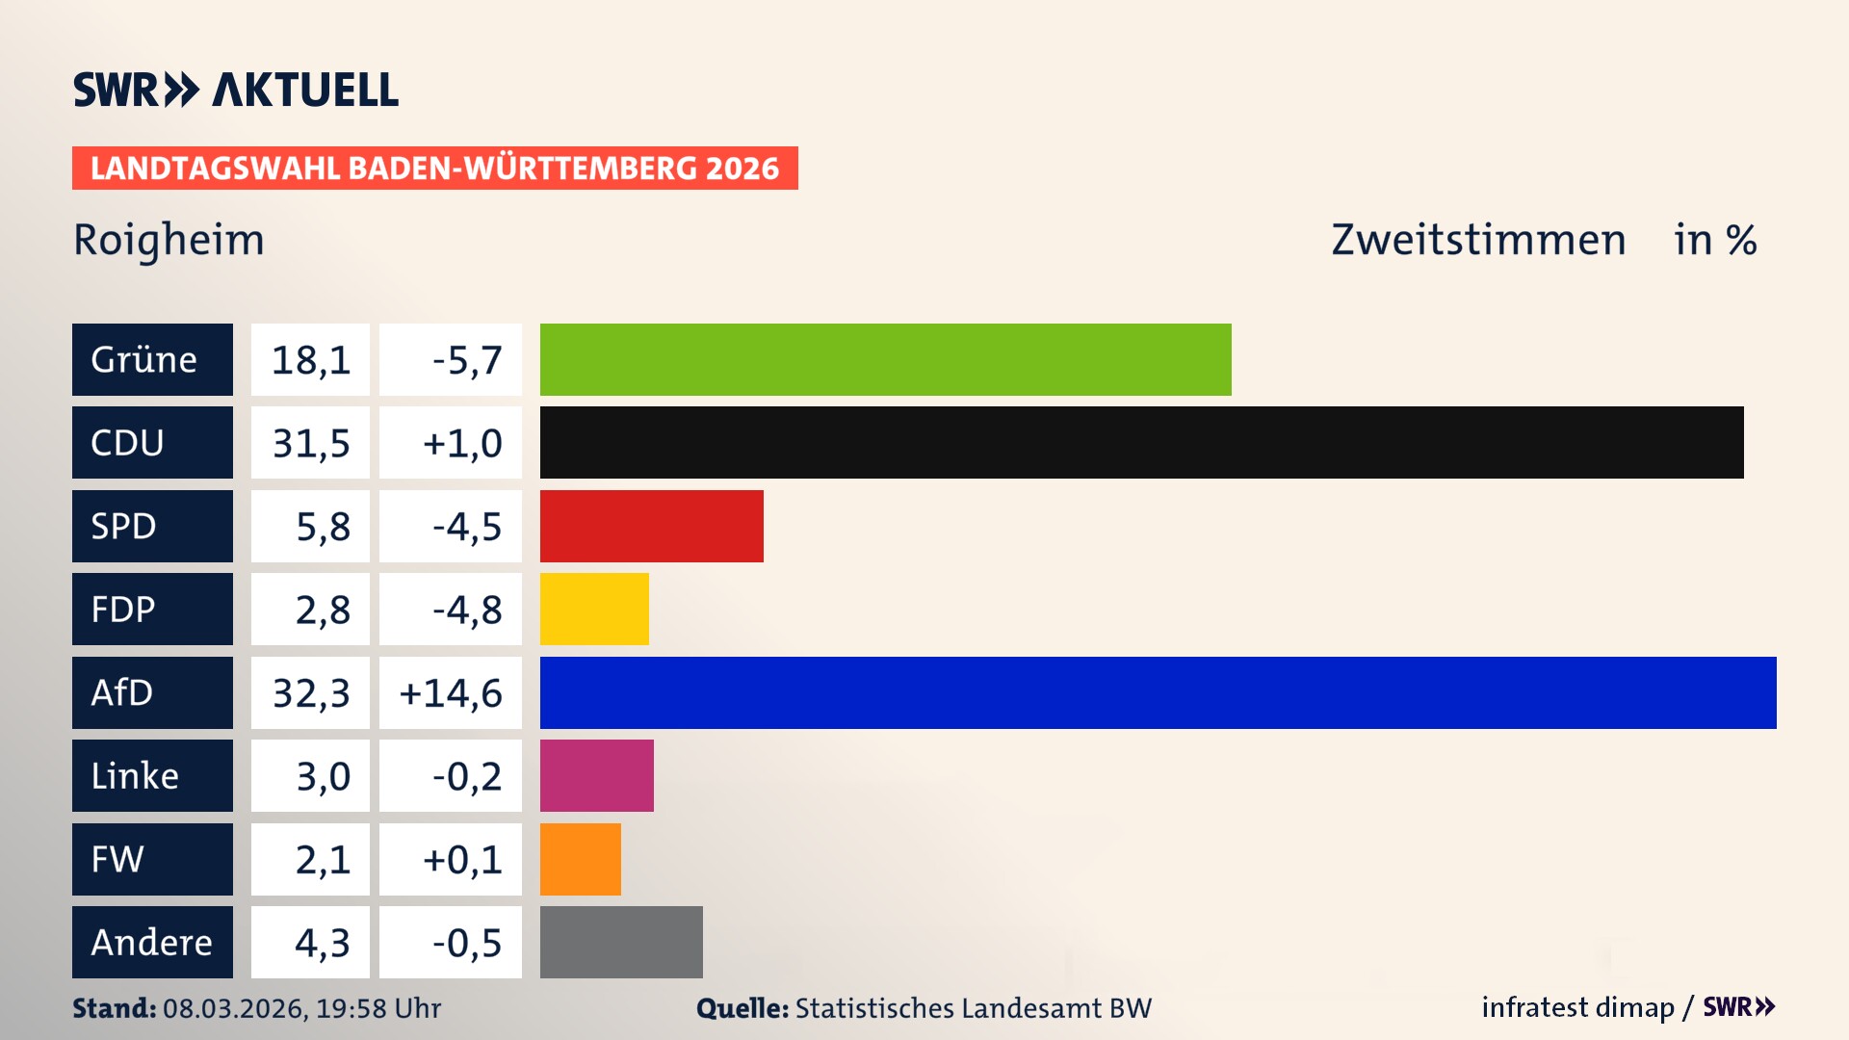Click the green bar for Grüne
(885, 359)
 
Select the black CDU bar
(1141, 442)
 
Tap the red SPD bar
(651, 526)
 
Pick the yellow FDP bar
(594, 609)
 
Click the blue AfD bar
(1158, 692)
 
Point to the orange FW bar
(580, 859)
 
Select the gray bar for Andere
(621, 942)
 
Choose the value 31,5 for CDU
(310, 443)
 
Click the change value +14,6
(451, 693)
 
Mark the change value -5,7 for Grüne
(466, 360)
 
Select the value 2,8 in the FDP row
(322, 610)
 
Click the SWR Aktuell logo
(236, 90)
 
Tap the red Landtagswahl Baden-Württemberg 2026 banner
(434, 169)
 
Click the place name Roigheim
(169, 240)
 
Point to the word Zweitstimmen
(1478, 240)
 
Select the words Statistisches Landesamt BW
(973, 1008)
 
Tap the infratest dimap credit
(1577, 1007)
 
